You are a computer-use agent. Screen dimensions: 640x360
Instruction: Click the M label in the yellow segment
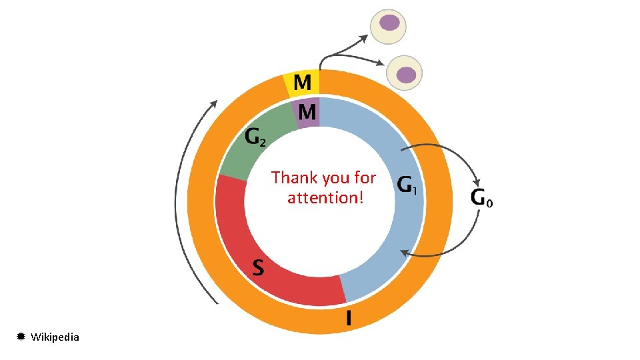(302, 83)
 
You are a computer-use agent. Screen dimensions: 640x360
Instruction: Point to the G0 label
(482, 197)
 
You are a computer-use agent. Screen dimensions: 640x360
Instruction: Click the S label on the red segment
(258, 268)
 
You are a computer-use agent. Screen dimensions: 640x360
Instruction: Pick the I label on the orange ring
(348, 318)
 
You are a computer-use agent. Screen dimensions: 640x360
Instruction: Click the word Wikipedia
(55, 337)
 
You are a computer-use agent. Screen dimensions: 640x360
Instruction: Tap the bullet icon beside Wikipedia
(21, 337)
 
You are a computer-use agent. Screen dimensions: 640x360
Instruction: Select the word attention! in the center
(325, 198)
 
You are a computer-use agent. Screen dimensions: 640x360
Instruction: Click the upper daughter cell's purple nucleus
(389, 23)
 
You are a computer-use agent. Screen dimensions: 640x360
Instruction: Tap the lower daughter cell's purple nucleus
(406, 73)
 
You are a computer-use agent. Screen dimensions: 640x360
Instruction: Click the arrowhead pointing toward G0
(476, 181)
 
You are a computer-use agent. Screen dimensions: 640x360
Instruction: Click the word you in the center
(335, 178)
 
